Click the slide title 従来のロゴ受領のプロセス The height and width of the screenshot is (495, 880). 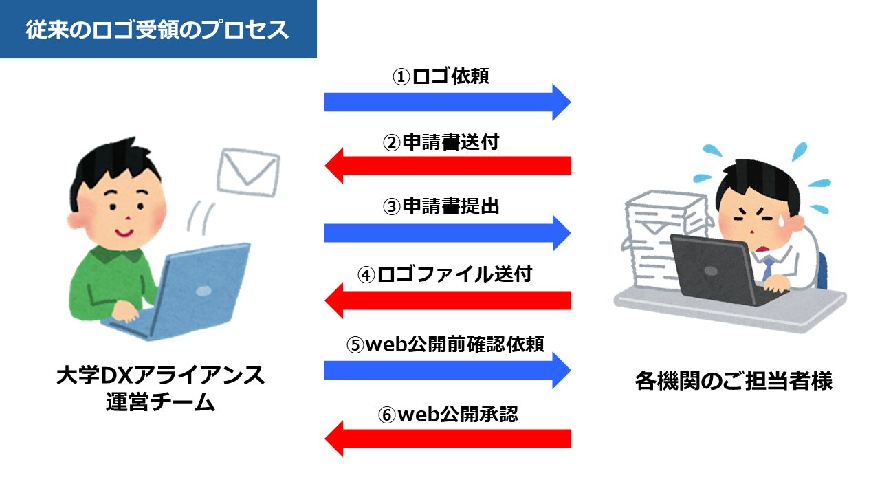click(157, 30)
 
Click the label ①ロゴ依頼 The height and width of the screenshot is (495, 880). click(441, 76)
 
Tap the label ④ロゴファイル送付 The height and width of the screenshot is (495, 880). click(445, 274)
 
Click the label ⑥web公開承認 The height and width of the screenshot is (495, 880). click(448, 415)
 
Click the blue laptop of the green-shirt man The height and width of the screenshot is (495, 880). click(199, 289)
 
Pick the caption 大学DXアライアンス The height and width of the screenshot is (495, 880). click(160, 376)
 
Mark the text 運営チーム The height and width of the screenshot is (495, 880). click(160, 402)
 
